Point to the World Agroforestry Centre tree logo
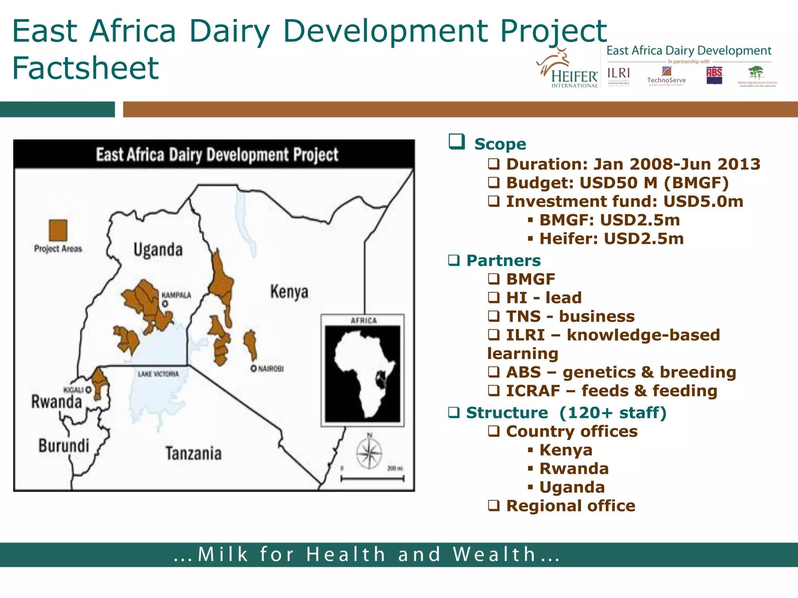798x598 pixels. click(756, 75)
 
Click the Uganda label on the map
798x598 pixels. click(158, 250)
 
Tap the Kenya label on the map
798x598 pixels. click(289, 292)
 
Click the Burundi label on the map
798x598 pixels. click(64, 446)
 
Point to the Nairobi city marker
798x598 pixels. click(254, 368)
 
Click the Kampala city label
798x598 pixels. click(176, 295)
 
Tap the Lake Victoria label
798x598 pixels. click(158, 374)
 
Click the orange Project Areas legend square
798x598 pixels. click(58, 230)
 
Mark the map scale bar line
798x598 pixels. click(372, 479)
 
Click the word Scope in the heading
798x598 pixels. click(500, 144)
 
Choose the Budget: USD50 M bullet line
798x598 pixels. click(617, 183)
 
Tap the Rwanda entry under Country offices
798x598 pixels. click(574, 468)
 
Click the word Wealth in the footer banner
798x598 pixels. click(494, 554)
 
